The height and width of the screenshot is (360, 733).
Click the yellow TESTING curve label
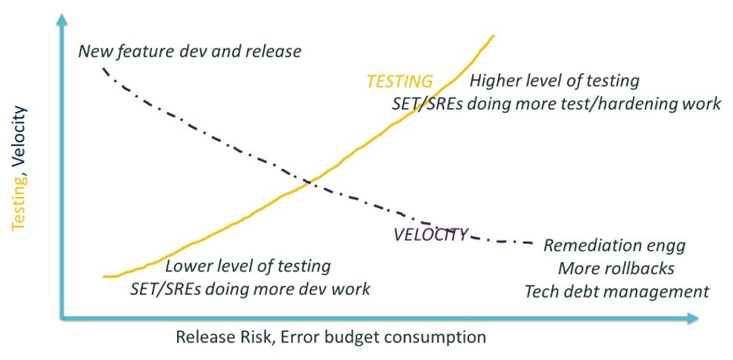[x=399, y=81]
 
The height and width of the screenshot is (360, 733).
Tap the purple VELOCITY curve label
[x=430, y=234]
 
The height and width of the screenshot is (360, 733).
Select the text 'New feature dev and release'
[x=190, y=52]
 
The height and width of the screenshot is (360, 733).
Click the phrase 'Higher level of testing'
[x=554, y=81]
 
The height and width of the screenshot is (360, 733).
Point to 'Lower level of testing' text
[x=247, y=266]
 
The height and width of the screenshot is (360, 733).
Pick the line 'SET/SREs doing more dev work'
[x=250, y=289]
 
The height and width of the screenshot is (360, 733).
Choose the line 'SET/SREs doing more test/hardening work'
[x=556, y=103]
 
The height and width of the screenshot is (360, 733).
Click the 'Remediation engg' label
[x=614, y=246]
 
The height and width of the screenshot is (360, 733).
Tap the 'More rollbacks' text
[x=616, y=268]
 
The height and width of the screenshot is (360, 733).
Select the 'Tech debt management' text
[x=616, y=292]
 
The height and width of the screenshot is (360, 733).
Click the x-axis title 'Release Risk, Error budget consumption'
[x=331, y=338]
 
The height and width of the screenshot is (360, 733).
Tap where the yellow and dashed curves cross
[x=309, y=182]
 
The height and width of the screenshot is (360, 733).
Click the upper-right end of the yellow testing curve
[x=494, y=35]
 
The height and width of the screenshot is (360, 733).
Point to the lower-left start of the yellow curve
[x=105, y=276]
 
